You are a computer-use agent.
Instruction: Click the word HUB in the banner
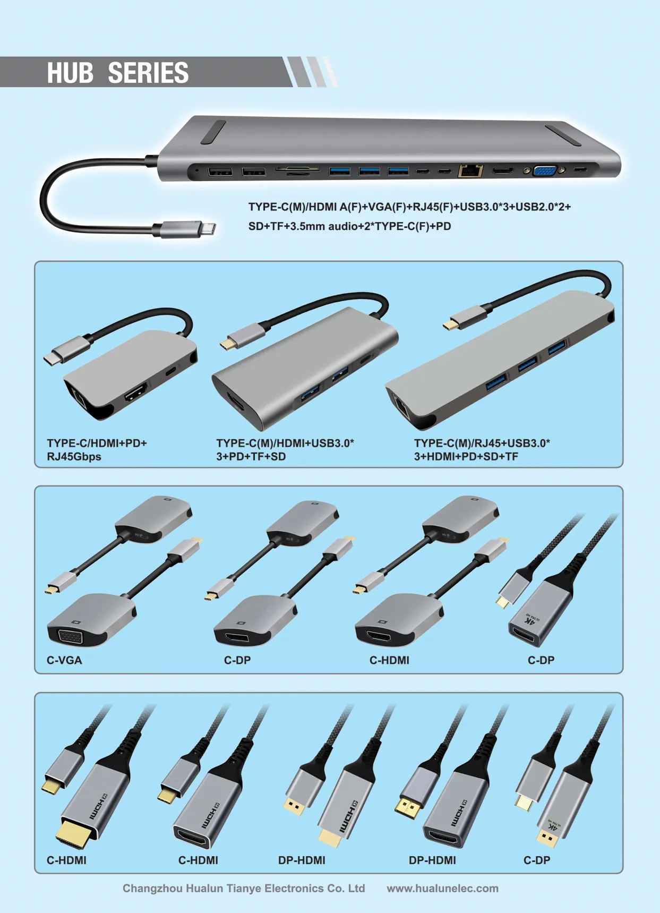coord(70,73)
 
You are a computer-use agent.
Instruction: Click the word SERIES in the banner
coord(148,73)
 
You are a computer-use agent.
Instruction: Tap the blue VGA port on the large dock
coord(544,171)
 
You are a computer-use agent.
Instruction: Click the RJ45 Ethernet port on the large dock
coord(470,171)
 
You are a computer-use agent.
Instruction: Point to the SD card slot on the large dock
coord(298,169)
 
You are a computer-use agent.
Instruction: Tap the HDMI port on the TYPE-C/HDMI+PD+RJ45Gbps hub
coord(135,393)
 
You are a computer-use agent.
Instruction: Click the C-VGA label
coord(64,660)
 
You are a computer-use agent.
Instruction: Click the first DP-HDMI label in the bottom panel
coord(302,860)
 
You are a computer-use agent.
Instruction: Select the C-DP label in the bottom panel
coord(537,860)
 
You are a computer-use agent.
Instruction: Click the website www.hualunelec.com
coord(442,889)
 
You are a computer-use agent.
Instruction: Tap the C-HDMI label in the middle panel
coord(389,660)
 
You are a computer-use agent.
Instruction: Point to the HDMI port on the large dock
coord(502,170)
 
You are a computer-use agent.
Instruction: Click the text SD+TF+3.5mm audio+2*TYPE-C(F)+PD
coord(349,226)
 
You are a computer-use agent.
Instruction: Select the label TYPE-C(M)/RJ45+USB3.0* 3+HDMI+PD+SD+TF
coord(482,450)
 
